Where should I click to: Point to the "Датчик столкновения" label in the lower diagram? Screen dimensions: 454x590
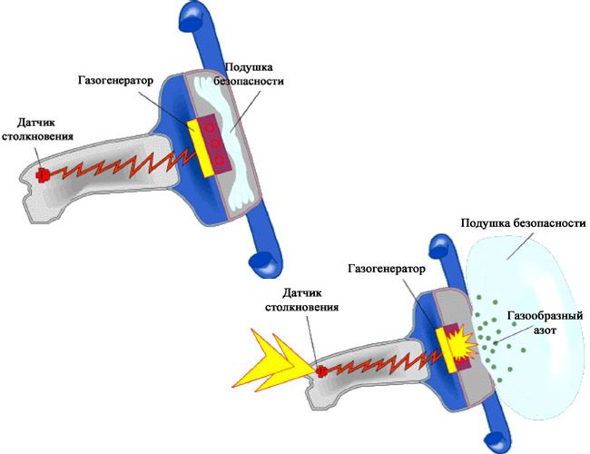tap(310, 299)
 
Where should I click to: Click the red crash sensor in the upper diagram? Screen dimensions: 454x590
tap(42, 174)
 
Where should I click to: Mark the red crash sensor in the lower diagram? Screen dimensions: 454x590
tap(321, 370)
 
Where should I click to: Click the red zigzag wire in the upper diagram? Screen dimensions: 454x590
tap(118, 163)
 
